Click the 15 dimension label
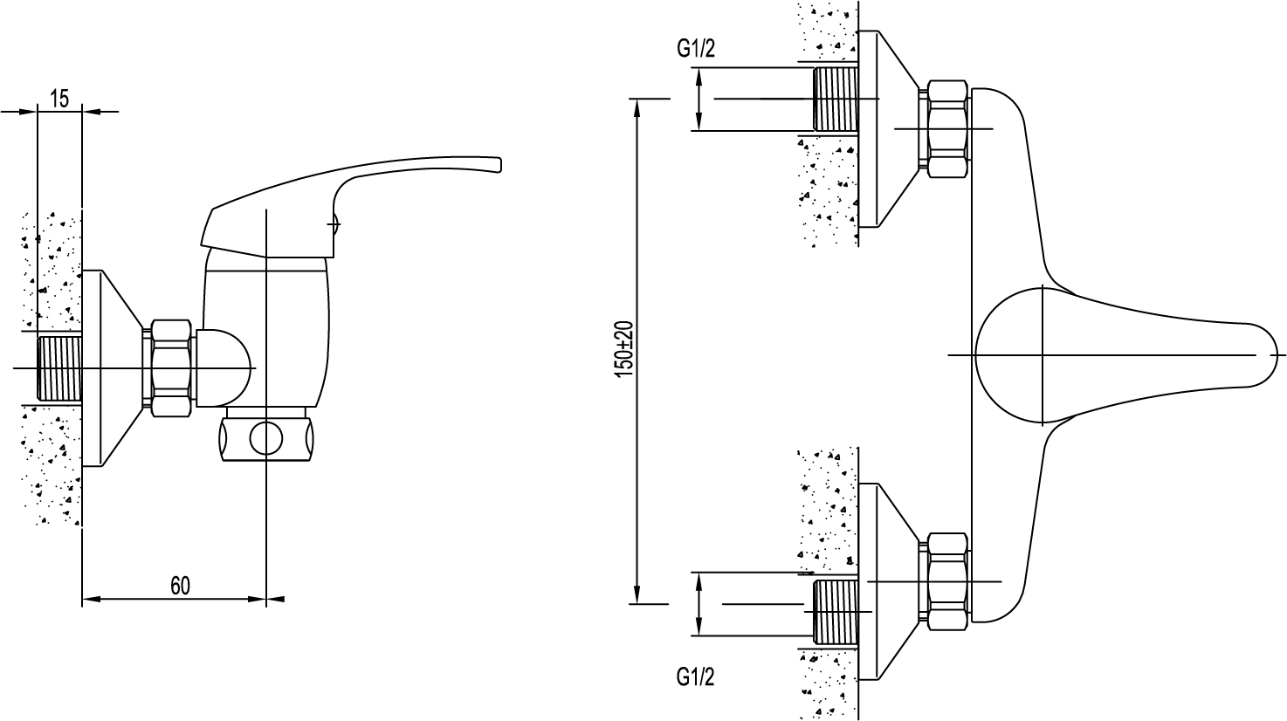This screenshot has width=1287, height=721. pyautogui.click(x=59, y=99)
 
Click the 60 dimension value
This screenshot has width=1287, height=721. pyautogui.click(x=180, y=586)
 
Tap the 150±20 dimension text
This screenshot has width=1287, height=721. pyautogui.click(x=624, y=349)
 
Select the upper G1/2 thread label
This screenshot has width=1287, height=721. pyautogui.click(x=696, y=50)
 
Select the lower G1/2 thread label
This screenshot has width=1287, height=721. pyautogui.click(x=695, y=677)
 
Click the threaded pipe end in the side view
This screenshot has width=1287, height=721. pyautogui.click(x=59, y=368)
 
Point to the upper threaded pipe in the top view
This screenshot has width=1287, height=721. pyautogui.click(x=836, y=99)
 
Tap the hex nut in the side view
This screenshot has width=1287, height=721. pyautogui.click(x=170, y=368)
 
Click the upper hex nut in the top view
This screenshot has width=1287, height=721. pyautogui.click(x=945, y=128)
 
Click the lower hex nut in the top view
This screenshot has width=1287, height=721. pyautogui.click(x=945, y=581)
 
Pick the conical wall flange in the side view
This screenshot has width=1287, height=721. pyautogui.click(x=113, y=368)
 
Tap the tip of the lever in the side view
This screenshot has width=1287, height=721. pyautogui.click(x=499, y=164)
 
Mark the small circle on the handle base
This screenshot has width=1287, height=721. pyautogui.click(x=335, y=223)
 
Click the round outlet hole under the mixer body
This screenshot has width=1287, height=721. pyautogui.click(x=266, y=439)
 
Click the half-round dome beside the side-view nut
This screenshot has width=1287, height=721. pyautogui.click(x=225, y=368)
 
